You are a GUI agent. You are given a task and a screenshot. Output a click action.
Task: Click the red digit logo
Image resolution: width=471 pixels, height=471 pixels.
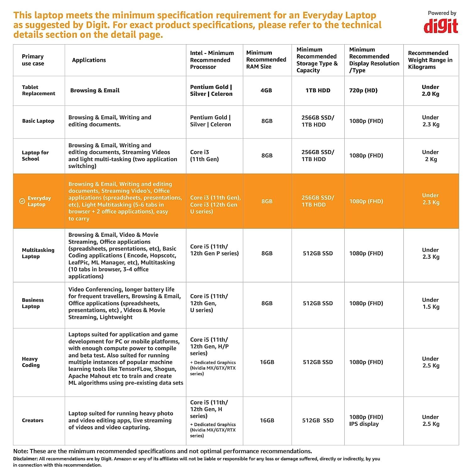[441, 26]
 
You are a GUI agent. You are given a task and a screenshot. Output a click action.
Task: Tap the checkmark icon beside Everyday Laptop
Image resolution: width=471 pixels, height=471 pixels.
[22, 201]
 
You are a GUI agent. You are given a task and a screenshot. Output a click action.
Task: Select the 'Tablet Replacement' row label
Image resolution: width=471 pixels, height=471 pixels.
[38, 90]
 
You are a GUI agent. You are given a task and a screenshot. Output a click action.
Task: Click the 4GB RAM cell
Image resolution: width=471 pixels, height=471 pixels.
[266, 90]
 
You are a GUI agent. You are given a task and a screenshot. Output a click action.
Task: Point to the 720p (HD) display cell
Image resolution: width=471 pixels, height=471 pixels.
[363, 90]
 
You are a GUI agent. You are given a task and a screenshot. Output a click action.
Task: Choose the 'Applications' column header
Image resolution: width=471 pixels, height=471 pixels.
[89, 60]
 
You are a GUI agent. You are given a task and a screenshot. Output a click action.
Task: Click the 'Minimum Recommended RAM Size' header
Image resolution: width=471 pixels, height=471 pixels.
[266, 60]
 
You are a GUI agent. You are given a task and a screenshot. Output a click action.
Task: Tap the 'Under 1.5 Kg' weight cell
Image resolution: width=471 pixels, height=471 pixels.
[430, 303]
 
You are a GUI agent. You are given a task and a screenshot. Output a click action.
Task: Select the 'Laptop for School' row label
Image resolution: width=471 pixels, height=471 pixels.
[35, 156]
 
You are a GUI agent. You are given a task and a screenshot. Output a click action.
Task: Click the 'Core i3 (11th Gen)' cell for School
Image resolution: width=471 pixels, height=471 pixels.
[204, 156]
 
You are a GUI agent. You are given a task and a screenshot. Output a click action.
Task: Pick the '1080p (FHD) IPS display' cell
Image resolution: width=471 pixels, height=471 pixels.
[366, 420]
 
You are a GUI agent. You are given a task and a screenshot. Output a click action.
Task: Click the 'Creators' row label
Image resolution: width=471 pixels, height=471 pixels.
[33, 420]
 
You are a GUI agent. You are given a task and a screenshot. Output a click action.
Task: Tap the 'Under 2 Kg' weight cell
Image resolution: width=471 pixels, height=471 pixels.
[430, 156]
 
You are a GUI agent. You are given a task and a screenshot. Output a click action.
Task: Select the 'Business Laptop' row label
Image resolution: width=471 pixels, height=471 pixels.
[33, 303]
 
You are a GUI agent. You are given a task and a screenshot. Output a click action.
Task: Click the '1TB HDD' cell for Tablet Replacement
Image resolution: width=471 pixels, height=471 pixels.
[318, 90]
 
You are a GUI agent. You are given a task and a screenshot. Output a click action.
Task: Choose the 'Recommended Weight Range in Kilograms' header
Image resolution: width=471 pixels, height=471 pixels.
[430, 60]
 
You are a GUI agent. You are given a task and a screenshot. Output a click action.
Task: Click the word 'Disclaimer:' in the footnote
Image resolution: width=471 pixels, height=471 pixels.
[25, 459]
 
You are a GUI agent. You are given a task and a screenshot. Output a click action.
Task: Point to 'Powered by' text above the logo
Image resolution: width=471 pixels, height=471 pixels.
[442, 13]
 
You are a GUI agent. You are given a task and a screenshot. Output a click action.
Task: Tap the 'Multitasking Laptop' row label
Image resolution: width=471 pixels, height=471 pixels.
[38, 253]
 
